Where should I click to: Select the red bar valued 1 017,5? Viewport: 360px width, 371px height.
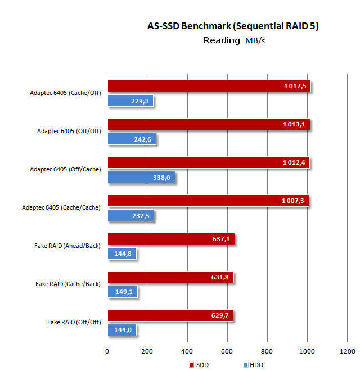pyautogui.click(x=209, y=86)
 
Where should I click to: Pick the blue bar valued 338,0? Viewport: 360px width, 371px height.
pyautogui.click(x=141, y=178)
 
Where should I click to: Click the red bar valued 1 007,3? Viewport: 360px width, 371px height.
pyautogui.click(x=208, y=201)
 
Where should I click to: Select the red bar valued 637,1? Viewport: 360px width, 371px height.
pyautogui.click(x=170, y=239)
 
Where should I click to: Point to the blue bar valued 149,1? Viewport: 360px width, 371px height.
pyautogui.click(x=122, y=292)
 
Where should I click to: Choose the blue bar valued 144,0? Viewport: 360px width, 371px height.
pyautogui.click(x=121, y=331)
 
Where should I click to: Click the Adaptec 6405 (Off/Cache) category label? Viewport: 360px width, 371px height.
pyautogui.click(x=61, y=169)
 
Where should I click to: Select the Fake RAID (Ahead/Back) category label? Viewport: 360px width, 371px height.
pyautogui.click(x=67, y=246)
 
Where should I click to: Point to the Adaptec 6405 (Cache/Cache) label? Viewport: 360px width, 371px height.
pyautogui.click(x=61, y=207)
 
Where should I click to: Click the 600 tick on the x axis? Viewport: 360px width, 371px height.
pyautogui.click(x=227, y=351)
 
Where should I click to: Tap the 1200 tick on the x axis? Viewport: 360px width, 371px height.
pyautogui.click(x=347, y=351)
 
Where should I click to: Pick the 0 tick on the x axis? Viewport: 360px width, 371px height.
pyautogui.click(x=107, y=351)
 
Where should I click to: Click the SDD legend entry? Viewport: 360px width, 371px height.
pyautogui.click(x=200, y=365)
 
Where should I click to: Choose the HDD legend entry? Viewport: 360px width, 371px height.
pyautogui.click(x=254, y=365)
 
